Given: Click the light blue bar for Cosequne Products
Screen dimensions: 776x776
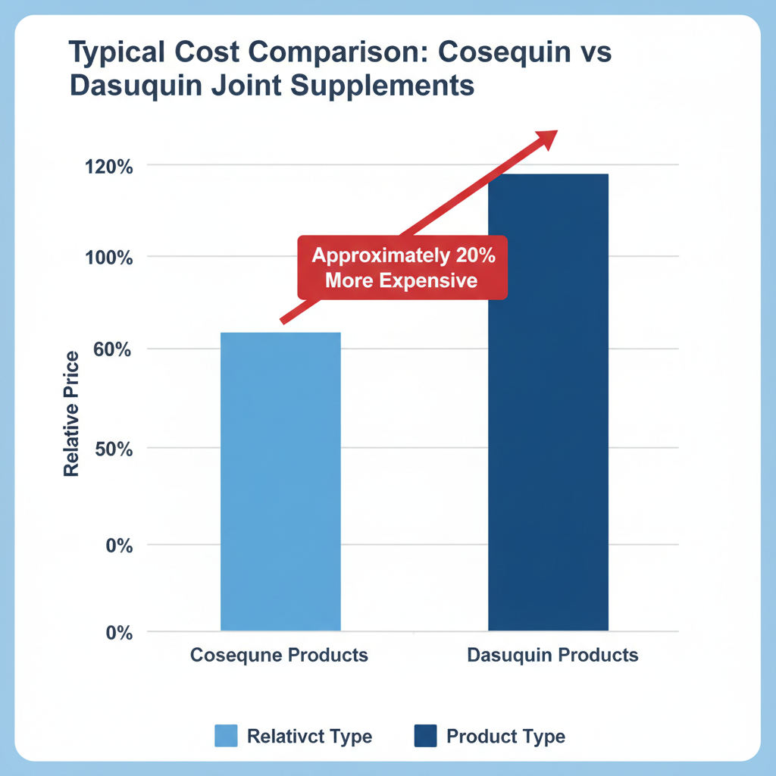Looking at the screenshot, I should [280, 481].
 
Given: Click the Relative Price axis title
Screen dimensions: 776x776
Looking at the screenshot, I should [72, 414].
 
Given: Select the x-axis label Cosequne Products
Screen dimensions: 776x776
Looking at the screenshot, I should [279, 655].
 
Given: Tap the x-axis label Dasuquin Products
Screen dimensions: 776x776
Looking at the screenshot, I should [552, 655].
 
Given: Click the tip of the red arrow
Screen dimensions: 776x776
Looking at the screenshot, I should [555, 132].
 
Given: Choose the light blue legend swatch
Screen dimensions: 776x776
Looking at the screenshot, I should [226, 735].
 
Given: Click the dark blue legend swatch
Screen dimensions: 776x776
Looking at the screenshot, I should [426, 735].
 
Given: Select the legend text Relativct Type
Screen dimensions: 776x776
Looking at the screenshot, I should [309, 736].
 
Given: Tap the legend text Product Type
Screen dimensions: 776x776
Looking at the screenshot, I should [505, 736].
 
